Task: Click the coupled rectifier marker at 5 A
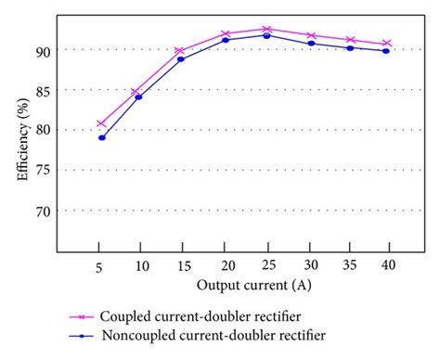101,123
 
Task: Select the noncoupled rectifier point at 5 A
101,137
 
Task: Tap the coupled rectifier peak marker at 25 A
266,30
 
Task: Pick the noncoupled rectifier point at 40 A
386,51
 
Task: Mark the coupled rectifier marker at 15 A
180,51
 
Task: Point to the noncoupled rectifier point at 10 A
139,96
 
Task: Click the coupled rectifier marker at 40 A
386,44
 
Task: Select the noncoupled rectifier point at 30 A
311,44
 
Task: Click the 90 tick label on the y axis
45,50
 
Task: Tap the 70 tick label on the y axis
45,211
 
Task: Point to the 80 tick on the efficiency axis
45,130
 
